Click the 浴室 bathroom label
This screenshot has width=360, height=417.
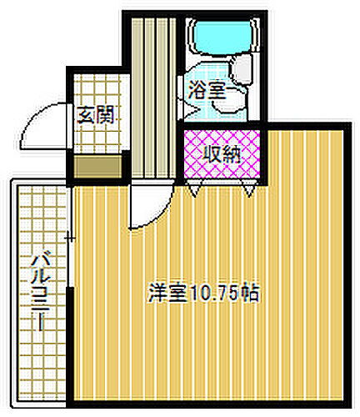tap(206, 90)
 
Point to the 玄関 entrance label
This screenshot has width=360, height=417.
tap(96, 114)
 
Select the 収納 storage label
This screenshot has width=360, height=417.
tap(222, 153)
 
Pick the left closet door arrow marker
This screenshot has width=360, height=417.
tap(193, 191)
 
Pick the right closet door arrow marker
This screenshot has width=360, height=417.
tap(249, 191)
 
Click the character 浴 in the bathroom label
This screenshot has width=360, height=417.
tap(197, 90)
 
